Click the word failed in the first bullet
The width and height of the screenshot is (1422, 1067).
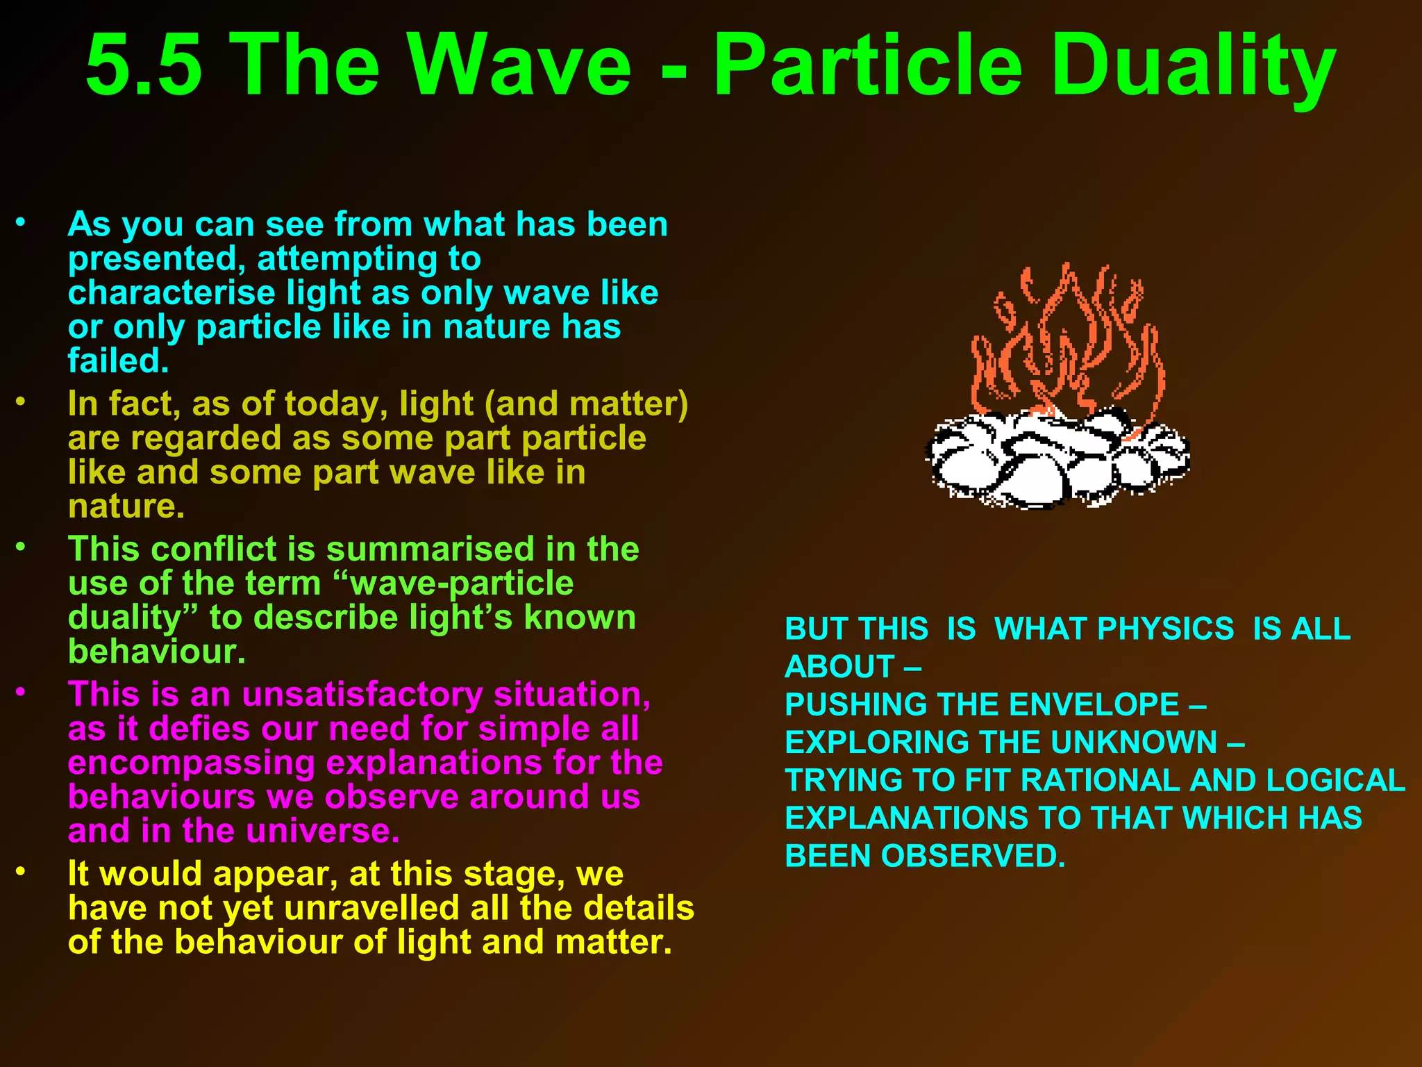118,361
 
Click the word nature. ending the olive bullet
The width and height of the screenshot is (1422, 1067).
126,506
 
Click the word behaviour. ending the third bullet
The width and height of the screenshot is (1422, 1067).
157,652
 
